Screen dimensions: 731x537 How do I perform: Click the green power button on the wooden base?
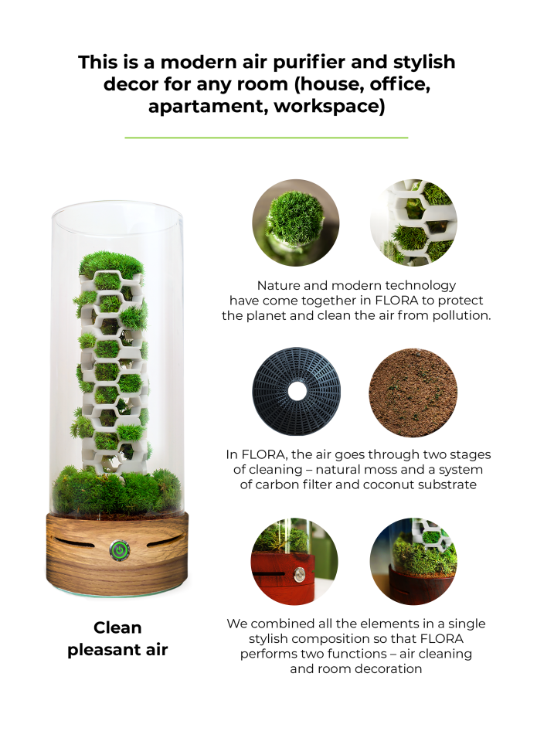click(x=118, y=550)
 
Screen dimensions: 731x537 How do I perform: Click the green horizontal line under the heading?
click(x=266, y=138)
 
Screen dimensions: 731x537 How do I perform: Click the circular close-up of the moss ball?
click(x=296, y=222)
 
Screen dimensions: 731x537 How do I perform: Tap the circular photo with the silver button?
click(x=296, y=560)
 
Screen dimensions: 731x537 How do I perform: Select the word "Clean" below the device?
click(x=118, y=627)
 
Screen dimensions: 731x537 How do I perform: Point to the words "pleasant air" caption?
click(x=117, y=650)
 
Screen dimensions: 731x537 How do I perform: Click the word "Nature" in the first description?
click(x=278, y=286)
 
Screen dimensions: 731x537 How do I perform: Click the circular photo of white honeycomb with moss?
click(x=413, y=222)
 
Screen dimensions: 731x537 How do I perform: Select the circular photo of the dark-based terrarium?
click(x=413, y=560)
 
